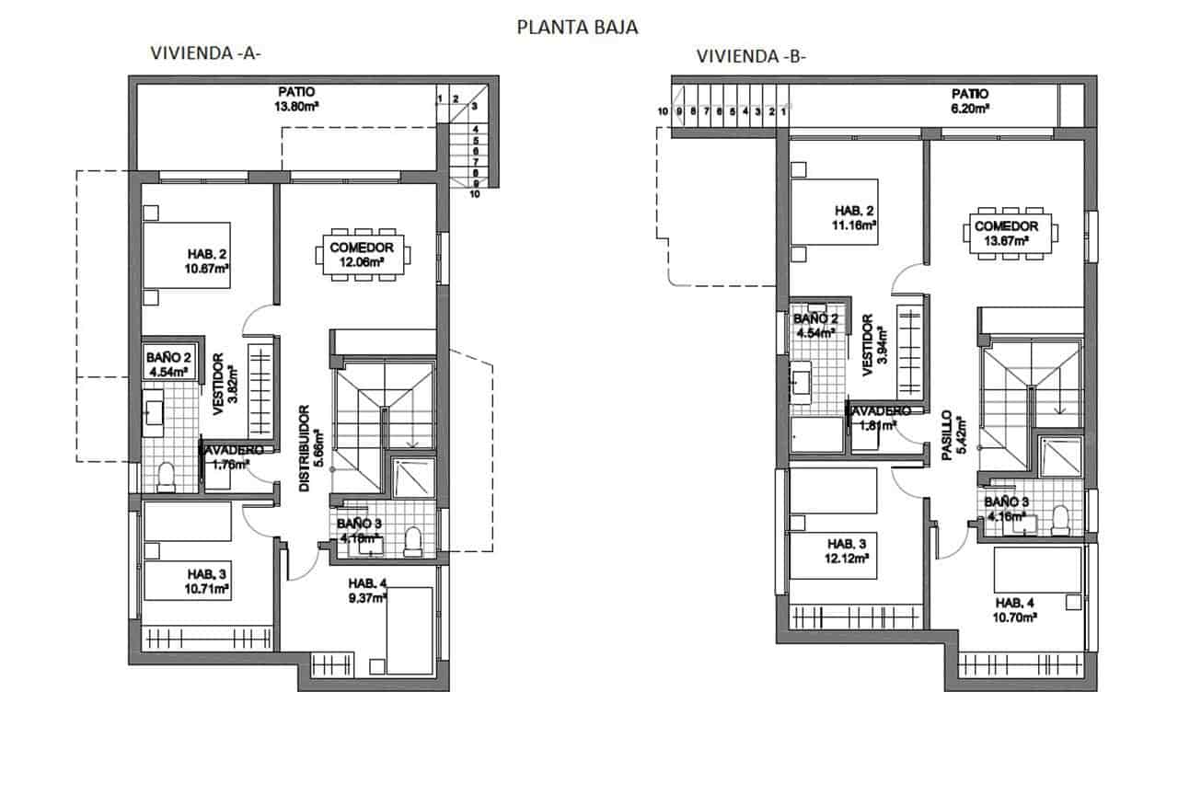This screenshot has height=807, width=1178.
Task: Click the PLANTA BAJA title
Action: [x=577, y=28]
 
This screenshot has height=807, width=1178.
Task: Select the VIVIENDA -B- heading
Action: [x=751, y=57]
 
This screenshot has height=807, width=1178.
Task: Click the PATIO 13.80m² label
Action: [x=296, y=98]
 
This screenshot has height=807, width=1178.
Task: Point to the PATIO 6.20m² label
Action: [x=969, y=100]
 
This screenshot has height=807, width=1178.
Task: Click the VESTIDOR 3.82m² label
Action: [x=224, y=384]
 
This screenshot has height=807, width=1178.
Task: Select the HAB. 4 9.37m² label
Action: [x=366, y=590]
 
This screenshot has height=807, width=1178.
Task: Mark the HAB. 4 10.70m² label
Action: [x=1016, y=611]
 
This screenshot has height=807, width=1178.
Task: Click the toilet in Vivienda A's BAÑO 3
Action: [x=411, y=541]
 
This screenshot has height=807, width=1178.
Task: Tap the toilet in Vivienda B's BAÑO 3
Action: [x=1059, y=520]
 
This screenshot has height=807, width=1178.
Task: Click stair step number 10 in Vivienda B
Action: [x=663, y=111]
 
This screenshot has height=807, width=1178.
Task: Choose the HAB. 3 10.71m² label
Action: [x=208, y=582]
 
